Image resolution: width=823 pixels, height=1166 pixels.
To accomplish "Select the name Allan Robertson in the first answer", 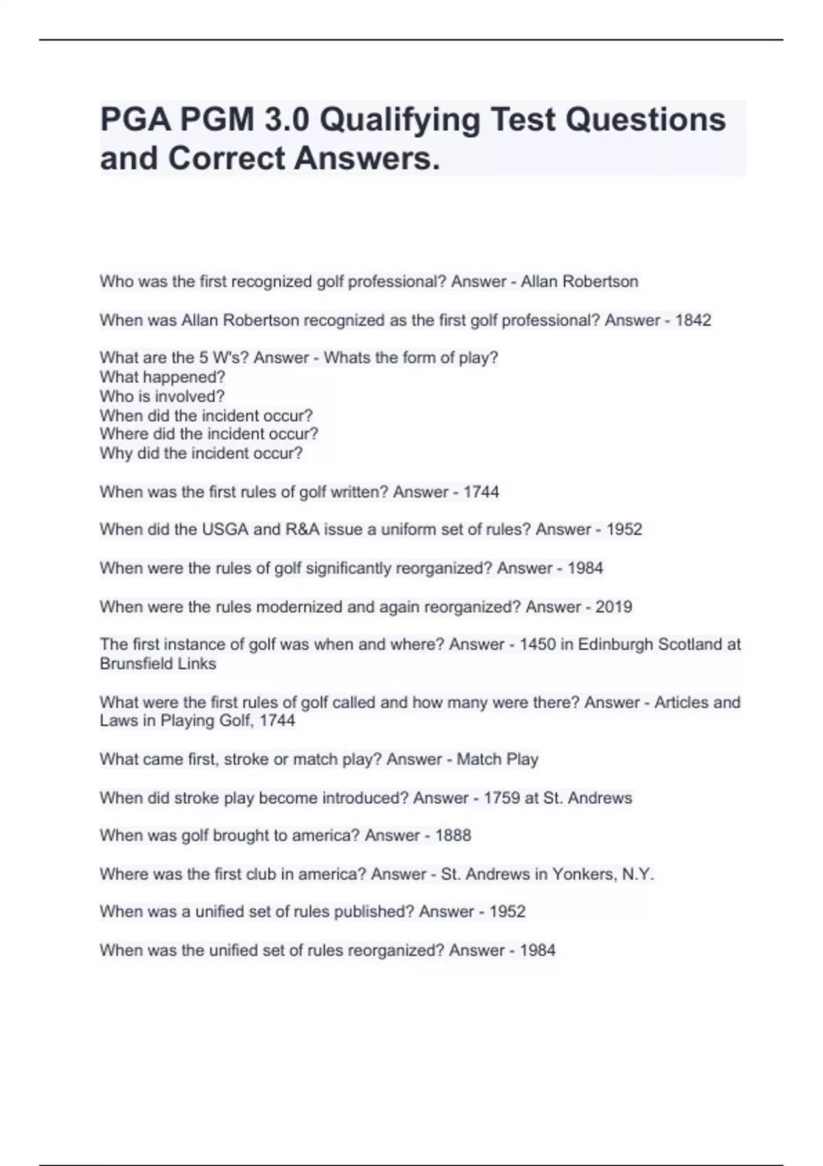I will (x=580, y=282).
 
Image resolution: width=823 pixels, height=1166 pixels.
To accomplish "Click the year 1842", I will (x=693, y=320).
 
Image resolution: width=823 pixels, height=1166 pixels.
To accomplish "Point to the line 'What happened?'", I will (x=163, y=377).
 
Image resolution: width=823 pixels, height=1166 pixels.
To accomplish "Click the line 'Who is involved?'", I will (x=162, y=396).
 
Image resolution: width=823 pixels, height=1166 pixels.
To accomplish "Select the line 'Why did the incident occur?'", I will (x=201, y=453).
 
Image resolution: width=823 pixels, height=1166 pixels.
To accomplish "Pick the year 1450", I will (x=538, y=645).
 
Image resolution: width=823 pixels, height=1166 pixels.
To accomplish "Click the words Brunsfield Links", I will (x=158, y=664).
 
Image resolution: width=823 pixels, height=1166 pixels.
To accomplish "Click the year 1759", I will (x=501, y=798).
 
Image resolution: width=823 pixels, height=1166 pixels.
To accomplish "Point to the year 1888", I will (x=453, y=835).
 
